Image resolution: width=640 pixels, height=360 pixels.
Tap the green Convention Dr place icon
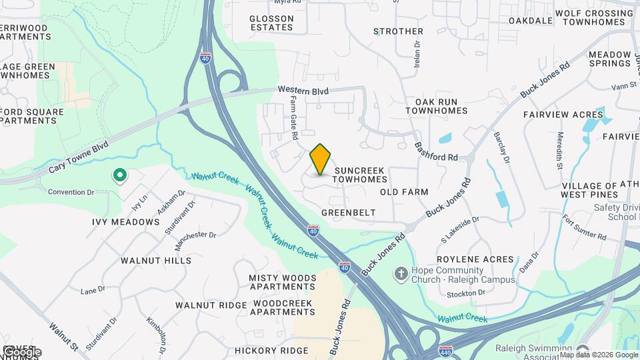tap(119, 176)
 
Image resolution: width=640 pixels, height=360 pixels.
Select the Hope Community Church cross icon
tap(401, 274)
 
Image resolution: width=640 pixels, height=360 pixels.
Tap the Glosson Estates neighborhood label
tap(271, 23)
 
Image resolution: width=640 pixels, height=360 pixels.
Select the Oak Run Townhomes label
tap(436, 105)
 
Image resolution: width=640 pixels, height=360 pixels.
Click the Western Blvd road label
tap(303, 90)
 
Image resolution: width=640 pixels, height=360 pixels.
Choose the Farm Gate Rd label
tap(293, 117)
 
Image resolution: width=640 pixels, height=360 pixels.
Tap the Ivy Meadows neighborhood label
tap(126, 221)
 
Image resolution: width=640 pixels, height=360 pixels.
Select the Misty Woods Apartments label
tap(282, 282)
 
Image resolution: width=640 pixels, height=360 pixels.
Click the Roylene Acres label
tap(475, 259)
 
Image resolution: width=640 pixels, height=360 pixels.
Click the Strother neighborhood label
tap(399, 31)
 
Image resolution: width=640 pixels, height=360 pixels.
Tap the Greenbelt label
tap(348, 213)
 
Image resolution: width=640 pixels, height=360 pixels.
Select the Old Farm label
tap(404, 192)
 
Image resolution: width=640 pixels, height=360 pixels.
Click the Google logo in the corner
tap(21, 351)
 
